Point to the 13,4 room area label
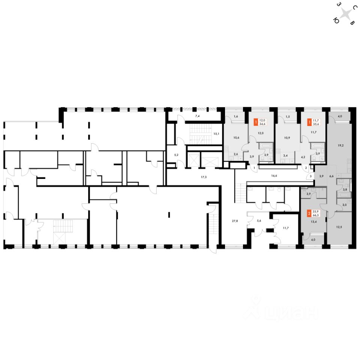[x=313, y=221]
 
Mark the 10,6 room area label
[x=236, y=137]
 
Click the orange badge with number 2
[x=309, y=214]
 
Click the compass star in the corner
[x=346, y=15]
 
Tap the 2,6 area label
[x=236, y=154]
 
